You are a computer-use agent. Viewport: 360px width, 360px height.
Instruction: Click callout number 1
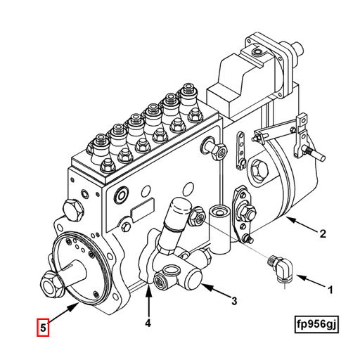(328, 288)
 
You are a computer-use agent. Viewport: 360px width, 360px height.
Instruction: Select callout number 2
(323, 234)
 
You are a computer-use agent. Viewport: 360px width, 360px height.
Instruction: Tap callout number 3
(234, 302)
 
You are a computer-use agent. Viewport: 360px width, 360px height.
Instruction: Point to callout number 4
(148, 323)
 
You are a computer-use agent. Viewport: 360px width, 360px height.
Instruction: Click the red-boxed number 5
(44, 327)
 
